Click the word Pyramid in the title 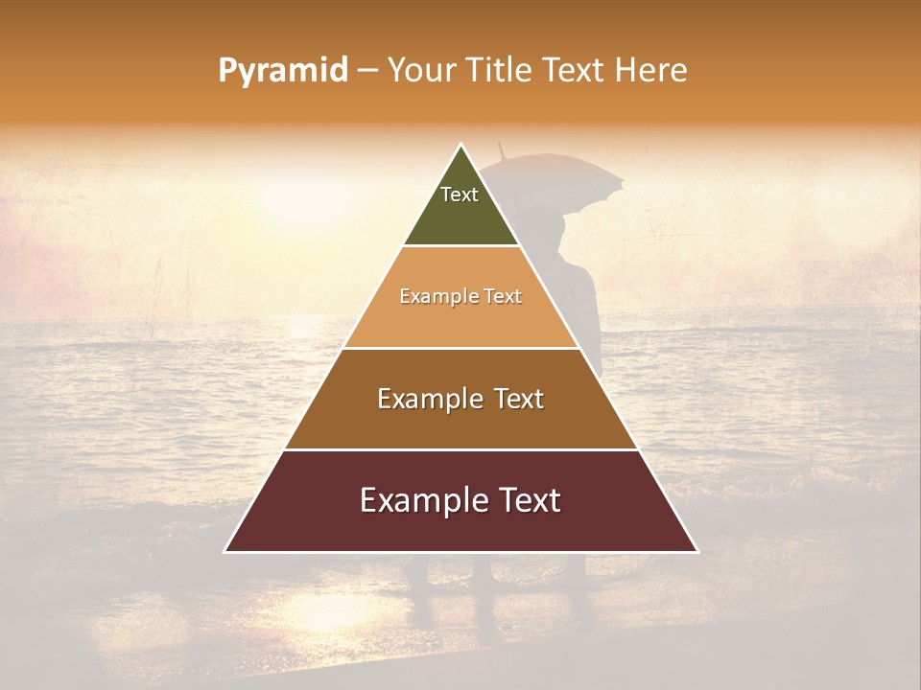[283, 71]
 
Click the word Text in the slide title [578, 71]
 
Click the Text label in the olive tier [460, 195]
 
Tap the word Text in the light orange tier [503, 297]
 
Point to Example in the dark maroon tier [419, 501]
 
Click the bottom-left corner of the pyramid [225, 552]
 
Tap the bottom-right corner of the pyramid [697, 552]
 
